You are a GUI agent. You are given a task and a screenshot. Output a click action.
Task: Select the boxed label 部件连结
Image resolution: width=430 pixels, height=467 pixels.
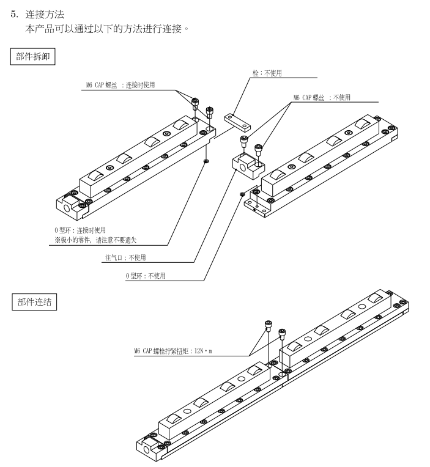pos(34,303)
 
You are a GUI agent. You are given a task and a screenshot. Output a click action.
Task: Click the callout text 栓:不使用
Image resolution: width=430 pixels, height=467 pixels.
pos(267,73)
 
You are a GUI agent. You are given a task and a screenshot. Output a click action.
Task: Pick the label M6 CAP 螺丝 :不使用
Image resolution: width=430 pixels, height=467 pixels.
pos(322,97)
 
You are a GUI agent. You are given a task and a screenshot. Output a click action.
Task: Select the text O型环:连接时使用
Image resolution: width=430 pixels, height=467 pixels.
pos(80,229)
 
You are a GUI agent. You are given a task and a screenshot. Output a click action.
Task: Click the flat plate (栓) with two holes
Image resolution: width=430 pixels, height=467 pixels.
pos(237,120)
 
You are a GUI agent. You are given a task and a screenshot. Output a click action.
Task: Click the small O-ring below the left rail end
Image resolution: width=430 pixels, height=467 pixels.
pos(206,161)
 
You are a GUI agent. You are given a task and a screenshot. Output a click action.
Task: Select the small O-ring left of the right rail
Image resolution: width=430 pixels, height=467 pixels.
pos(243,194)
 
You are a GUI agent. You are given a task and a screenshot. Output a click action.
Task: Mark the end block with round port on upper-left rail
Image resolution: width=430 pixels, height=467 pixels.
pos(69,202)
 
